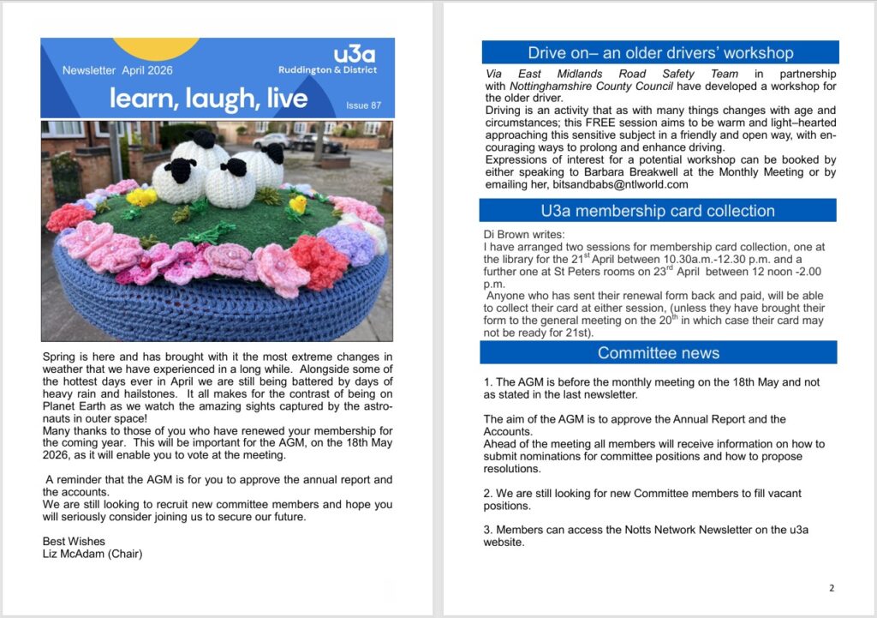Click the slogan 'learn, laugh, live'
tap(208, 99)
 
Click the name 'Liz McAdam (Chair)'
tap(92, 554)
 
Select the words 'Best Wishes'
tap(74, 541)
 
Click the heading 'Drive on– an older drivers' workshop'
tap(659, 53)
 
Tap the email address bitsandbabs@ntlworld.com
tap(617, 184)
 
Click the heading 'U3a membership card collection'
tap(658, 211)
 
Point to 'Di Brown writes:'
tap(523, 234)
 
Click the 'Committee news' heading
tap(658, 352)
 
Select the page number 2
tap(831, 588)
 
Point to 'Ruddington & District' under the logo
tap(327, 70)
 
